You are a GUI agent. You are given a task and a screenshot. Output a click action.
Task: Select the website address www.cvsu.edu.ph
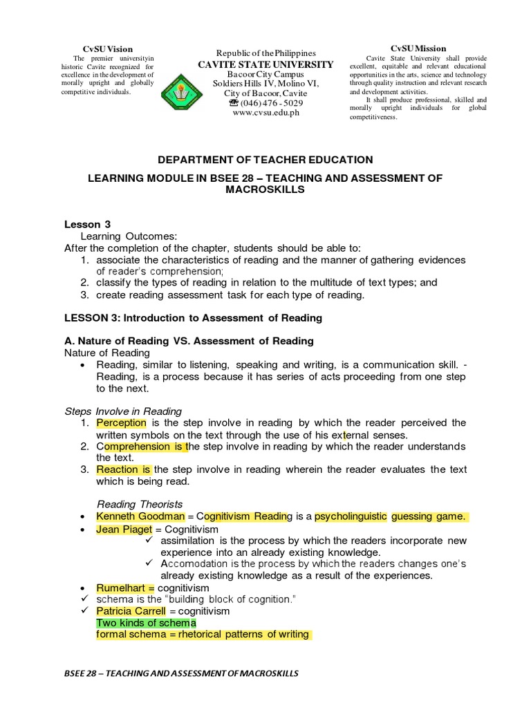[265, 113]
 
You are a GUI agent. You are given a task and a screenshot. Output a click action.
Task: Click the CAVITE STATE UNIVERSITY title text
[265, 64]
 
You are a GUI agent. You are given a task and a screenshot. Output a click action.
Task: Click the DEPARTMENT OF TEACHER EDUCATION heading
[265, 160]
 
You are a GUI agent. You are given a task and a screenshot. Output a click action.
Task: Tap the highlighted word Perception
[121, 422]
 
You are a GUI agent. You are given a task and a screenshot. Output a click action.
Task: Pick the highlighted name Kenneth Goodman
[140, 516]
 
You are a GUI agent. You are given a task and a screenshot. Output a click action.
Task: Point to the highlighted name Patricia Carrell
[131, 611]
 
